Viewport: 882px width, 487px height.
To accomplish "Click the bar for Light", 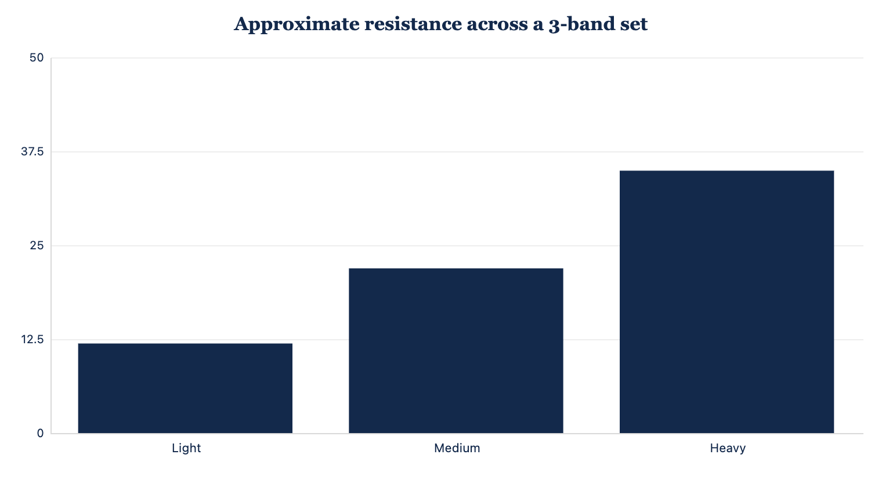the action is [x=185, y=388].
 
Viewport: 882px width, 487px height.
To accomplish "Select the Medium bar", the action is [x=456, y=351].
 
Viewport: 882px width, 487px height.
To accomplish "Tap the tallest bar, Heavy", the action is [x=727, y=301].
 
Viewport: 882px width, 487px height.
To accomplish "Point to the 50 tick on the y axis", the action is [x=36, y=58].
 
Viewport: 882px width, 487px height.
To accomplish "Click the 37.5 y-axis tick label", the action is [x=32, y=151].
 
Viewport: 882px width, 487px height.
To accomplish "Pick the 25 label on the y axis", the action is [x=37, y=245].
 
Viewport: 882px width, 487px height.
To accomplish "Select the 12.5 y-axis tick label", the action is [x=32, y=339].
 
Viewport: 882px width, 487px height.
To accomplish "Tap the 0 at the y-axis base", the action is [x=40, y=433].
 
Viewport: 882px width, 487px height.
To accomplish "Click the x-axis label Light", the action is [x=186, y=448].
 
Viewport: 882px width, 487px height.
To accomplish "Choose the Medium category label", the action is [x=457, y=448].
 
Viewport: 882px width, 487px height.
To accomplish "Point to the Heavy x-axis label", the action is [x=728, y=448].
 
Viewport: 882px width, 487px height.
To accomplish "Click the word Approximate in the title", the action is [x=297, y=24].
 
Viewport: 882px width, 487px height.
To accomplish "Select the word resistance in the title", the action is [x=413, y=24].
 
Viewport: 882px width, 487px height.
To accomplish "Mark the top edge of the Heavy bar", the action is [x=727, y=170].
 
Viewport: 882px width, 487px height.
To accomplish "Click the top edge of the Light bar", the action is [x=185, y=344].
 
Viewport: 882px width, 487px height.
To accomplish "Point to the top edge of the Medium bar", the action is [x=456, y=268].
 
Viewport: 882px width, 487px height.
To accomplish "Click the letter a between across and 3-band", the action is [x=538, y=26].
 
